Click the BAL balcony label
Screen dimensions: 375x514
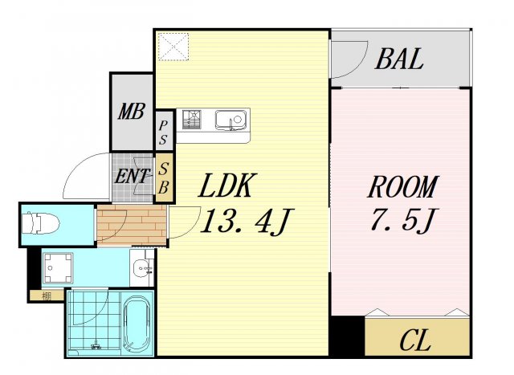[399, 59]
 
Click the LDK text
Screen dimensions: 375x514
[227, 188]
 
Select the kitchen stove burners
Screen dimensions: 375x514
[194, 120]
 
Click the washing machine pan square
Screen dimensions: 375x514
[59, 266]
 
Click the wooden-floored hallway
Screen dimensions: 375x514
[130, 225]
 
